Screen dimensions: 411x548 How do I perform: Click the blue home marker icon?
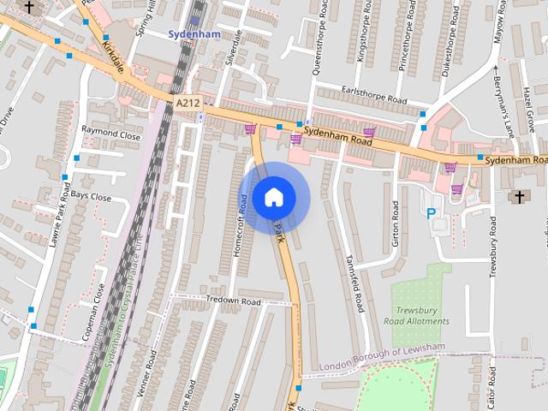coord(273,197)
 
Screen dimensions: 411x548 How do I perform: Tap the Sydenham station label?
coord(194,34)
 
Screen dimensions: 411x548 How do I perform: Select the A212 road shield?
coord(188,103)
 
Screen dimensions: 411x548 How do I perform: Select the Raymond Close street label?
coord(110,134)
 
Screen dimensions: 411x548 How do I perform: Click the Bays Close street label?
coord(91,196)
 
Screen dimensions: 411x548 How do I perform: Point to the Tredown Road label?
coord(233,301)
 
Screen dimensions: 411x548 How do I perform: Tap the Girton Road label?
coord(396,224)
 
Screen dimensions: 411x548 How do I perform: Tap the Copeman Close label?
coord(93,313)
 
